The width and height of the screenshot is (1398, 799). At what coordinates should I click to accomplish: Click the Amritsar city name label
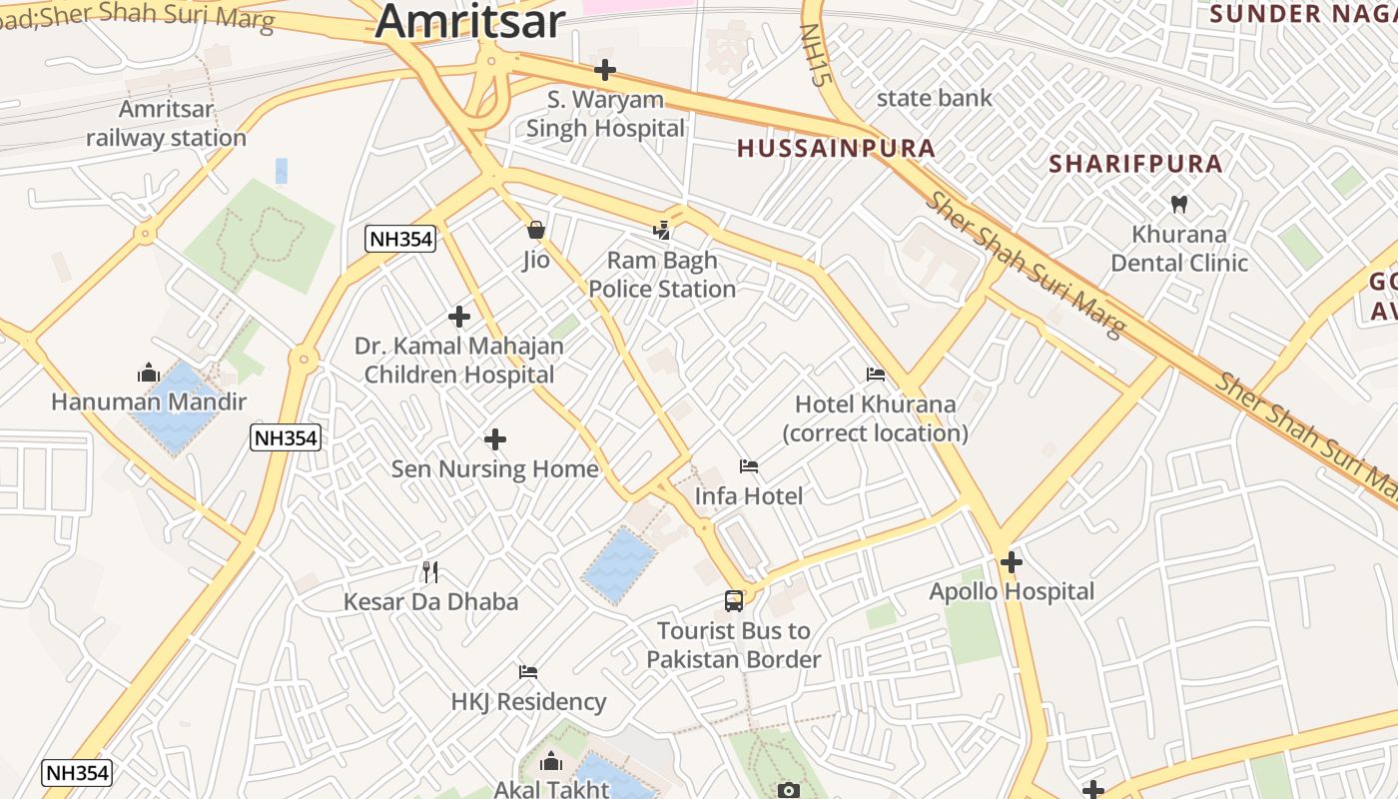tap(470, 20)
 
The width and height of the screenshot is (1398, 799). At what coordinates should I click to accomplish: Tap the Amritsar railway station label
tap(166, 124)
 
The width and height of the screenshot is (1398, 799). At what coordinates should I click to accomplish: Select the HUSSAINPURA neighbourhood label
tap(836, 149)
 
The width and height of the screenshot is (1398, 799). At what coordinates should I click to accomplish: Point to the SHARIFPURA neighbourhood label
tap(1135, 164)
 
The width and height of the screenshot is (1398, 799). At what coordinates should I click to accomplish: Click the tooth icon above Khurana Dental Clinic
tap(1179, 204)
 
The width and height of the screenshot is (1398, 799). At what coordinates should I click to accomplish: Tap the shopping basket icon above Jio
tap(536, 231)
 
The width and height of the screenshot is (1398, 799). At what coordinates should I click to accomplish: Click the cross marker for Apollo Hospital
tap(1012, 562)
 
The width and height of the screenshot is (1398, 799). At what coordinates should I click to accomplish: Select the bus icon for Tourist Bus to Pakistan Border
tap(734, 601)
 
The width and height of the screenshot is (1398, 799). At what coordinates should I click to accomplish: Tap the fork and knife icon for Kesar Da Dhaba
tap(430, 572)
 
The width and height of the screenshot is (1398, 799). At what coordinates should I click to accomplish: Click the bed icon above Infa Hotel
tap(749, 466)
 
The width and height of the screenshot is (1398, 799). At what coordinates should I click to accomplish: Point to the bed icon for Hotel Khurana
tap(876, 375)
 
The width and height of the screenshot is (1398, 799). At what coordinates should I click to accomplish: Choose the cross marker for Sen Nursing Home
tap(495, 439)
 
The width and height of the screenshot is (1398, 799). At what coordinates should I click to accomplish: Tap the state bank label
tap(934, 98)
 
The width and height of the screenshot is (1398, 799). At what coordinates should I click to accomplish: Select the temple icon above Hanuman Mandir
tap(149, 374)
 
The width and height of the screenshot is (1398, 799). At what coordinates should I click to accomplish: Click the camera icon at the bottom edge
tap(789, 791)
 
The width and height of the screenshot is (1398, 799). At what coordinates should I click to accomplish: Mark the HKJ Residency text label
tap(528, 702)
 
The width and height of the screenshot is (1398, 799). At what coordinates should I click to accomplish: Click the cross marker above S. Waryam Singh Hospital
tap(605, 70)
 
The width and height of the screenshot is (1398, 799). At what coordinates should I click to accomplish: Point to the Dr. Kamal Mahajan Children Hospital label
tap(459, 361)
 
